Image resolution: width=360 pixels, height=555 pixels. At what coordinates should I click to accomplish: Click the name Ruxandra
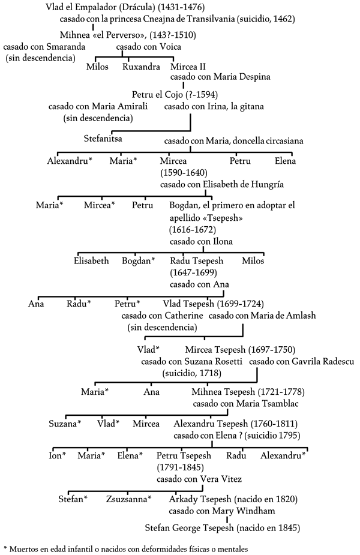pos(141,67)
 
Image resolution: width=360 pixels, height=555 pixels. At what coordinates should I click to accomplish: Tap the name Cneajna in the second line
pos(158,19)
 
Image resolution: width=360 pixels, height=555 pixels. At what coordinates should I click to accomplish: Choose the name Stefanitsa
pos(103,139)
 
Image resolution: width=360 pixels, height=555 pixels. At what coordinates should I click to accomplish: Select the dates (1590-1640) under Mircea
pos(184,173)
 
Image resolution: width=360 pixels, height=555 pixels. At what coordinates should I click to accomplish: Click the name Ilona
pos(223,242)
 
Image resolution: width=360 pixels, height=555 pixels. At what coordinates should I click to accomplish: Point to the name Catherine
pos(184,316)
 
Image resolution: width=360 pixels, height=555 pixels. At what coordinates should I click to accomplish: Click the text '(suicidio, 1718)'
pos(192,373)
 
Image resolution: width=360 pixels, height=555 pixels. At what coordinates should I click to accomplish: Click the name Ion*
pos(58,455)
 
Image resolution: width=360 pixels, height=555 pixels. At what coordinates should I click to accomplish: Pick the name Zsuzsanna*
pos(129,499)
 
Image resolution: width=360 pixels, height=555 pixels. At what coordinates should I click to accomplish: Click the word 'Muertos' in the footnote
pos(25,550)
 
